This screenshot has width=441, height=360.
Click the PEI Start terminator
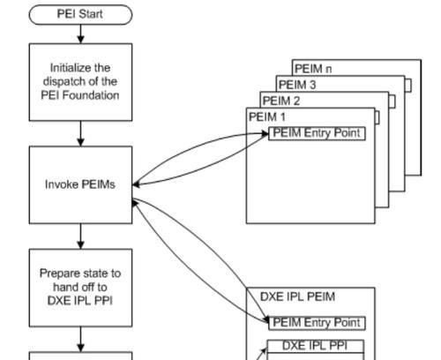click(x=80, y=14)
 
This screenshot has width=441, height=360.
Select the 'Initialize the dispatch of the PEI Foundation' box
click(x=80, y=82)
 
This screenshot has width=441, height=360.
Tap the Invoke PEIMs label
click(x=80, y=184)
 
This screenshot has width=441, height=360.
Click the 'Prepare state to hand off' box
click(x=80, y=288)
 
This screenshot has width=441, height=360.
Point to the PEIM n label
click(x=313, y=69)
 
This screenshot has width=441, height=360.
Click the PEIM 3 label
click(x=297, y=85)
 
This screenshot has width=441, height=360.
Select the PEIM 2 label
click(x=281, y=101)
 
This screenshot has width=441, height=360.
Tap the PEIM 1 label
click(x=267, y=116)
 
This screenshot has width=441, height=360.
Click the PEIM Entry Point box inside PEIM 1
click(x=317, y=133)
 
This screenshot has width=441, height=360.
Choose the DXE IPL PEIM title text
click(x=297, y=296)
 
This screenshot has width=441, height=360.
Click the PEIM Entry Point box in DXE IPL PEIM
click(x=317, y=323)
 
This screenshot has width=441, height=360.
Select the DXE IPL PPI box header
click(x=315, y=346)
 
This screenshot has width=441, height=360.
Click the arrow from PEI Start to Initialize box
click(x=80, y=34)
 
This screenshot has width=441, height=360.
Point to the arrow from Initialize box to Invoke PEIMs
click(x=80, y=133)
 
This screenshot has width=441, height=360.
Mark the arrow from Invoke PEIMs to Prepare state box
click(x=80, y=236)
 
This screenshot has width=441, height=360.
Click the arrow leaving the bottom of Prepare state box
click(x=80, y=339)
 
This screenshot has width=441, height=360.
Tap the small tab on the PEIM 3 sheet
click(x=408, y=86)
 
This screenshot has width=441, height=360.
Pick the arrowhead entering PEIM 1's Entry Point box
click(x=265, y=134)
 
